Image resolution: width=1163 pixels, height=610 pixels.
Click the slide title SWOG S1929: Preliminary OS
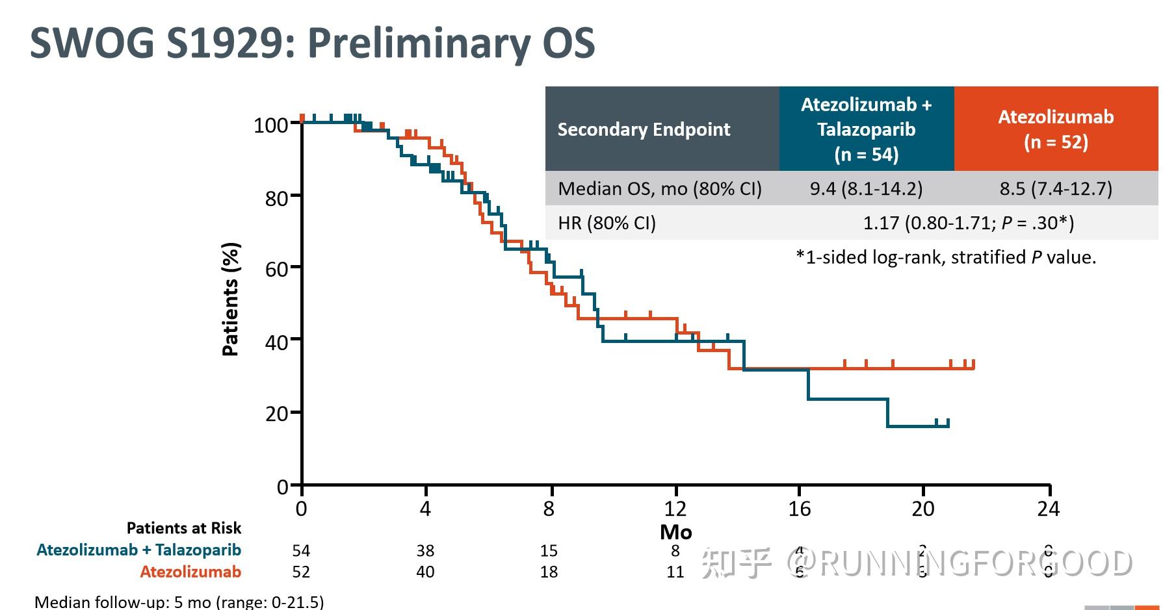312,43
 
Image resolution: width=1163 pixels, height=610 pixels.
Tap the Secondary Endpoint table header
644,129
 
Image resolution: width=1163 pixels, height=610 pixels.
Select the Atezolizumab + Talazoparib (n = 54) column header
866,129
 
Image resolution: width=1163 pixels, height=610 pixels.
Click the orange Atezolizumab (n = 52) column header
1056,129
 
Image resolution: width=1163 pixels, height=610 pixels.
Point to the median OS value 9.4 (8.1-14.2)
866,189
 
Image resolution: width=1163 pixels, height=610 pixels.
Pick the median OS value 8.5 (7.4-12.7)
1056,189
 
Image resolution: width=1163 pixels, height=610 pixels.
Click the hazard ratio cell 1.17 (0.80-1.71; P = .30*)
968,223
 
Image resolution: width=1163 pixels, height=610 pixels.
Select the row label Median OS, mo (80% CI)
659,189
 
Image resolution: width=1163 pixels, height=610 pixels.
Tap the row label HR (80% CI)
607,223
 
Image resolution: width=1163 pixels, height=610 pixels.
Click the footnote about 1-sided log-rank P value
946,257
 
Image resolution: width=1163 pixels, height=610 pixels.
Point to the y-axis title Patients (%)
231,299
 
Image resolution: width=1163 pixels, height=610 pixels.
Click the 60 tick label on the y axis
276,268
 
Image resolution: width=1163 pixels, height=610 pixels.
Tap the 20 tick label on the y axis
276,413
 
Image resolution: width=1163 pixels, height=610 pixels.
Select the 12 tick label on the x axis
675,508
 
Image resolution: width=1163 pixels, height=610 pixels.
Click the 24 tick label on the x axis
1048,508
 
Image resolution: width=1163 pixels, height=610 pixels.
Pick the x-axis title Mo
675,532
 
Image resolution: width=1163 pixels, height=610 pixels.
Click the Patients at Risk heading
183,527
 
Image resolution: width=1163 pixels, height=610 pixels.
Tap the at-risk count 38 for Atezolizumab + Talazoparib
425,551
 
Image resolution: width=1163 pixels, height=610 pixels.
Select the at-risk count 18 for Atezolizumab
549,572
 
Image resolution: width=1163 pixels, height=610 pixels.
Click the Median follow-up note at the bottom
179,602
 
